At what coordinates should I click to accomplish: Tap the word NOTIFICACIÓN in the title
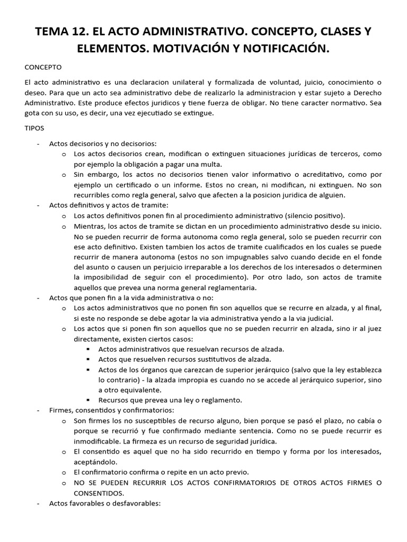(280, 49)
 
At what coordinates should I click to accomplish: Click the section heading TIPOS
(34, 128)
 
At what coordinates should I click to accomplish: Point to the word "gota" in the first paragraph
(33, 113)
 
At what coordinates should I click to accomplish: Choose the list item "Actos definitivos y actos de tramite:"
(109, 205)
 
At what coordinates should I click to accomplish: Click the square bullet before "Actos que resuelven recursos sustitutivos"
(87, 359)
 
